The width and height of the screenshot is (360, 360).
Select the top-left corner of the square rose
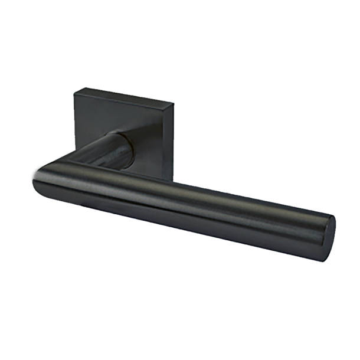76,90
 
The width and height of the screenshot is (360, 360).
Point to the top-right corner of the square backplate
174,104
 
